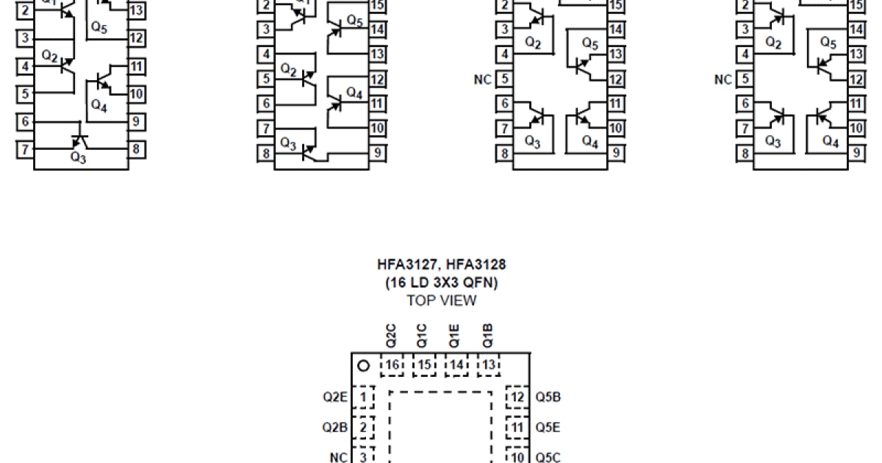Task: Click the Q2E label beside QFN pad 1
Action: tap(334, 398)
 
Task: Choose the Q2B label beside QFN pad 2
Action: tap(334, 427)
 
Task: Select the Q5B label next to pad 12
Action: tap(548, 398)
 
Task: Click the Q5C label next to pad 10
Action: tap(548, 458)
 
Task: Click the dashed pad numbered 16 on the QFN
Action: tap(392, 365)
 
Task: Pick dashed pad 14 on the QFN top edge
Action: tap(456, 365)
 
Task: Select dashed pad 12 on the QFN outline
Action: tap(517, 398)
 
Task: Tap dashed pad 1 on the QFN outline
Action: tap(363, 398)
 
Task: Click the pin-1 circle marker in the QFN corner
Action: tap(362, 365)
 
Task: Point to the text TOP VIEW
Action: tap(441, 301)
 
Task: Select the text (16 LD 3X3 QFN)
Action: tap(441, 283)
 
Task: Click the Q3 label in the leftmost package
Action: tap(79, 157)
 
